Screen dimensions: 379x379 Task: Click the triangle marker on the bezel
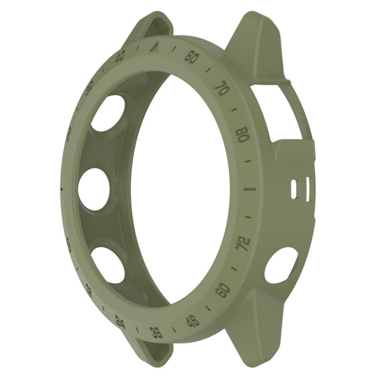pyautogui.click(x=156, y=47)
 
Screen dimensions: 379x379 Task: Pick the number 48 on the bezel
pyautogui.click(x=192, y=321)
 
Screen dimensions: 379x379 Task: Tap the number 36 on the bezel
pyautogui.click(x=156, y=331)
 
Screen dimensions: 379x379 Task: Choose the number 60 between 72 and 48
pyautogui.click(x=223, y=289)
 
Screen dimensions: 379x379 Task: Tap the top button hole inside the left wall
pyautogui.click(x=107, y=112)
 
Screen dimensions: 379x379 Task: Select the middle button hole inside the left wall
pyautogui.click(x=94, y=190)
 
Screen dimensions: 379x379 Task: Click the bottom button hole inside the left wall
pyautogui.click(x=108, y=264)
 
